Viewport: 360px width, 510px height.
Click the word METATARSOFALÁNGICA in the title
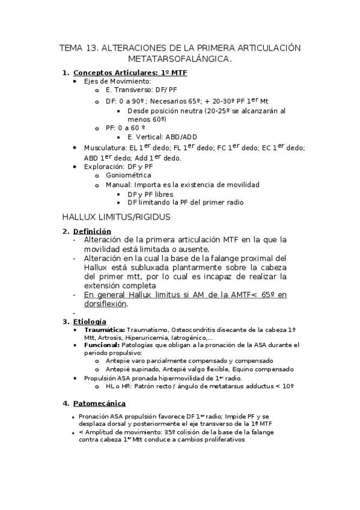(180, 59)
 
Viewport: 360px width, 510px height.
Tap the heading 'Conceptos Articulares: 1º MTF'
(130, 73)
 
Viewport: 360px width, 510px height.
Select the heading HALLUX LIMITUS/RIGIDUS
(117, 217)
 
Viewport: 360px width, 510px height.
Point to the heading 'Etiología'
(90, 322)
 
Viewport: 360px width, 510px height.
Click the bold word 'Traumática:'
(105, 330)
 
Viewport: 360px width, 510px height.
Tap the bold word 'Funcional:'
(102, 345)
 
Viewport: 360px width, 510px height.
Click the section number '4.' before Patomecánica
(67, 402)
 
